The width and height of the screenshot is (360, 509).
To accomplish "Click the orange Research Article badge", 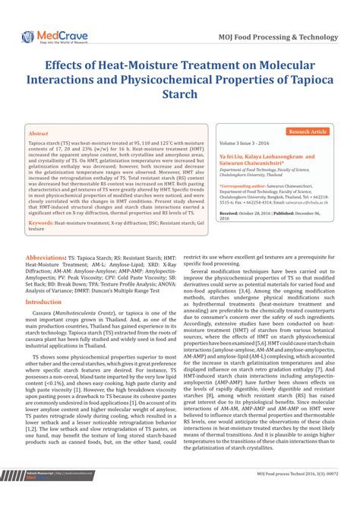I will pos(308,131).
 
